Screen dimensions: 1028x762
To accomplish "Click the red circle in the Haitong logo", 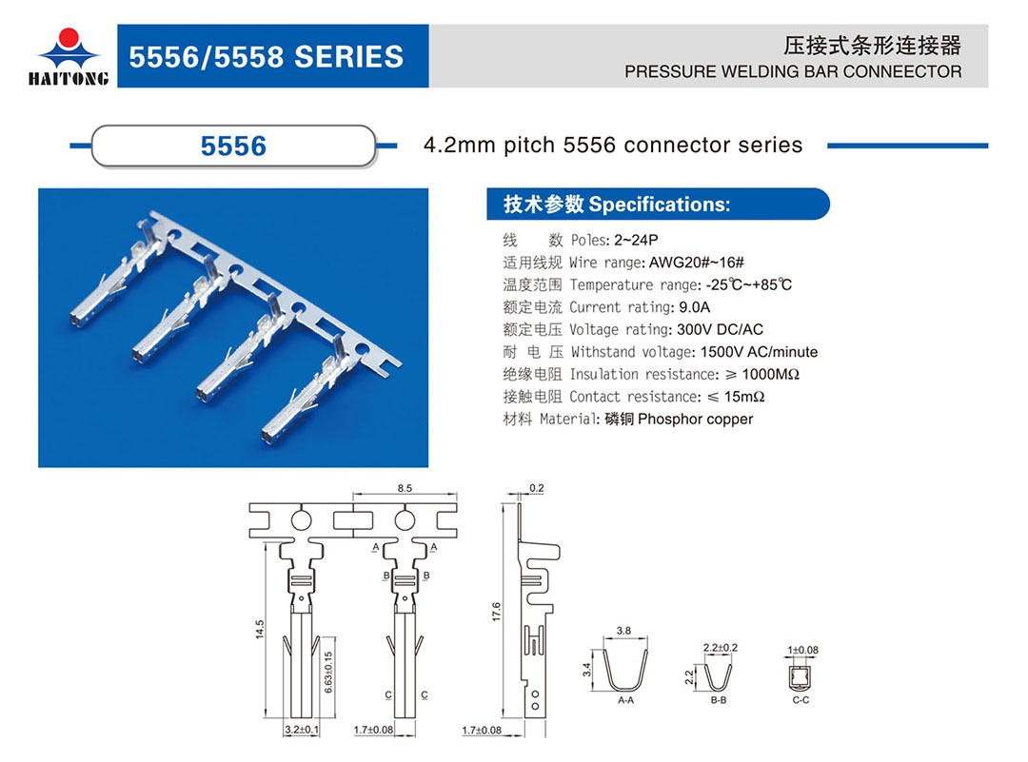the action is click(x=69, y=38).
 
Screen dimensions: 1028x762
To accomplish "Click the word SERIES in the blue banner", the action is click(x=348, y=57).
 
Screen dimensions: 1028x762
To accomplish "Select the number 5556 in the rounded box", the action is click(x=233, y=146).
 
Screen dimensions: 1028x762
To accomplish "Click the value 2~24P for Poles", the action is click(x=636, y=240).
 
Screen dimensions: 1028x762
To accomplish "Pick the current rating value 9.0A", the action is click(x=694, y=307).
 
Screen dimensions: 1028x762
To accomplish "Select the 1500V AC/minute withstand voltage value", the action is click(x=760, y=352).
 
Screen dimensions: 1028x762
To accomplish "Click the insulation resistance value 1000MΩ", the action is click(x=770, y=374).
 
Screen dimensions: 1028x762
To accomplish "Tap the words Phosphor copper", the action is click(x=696, y=420).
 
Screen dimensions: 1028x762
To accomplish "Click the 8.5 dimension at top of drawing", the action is click(x=405, y=488).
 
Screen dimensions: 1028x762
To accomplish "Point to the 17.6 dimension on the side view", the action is click(x=496, y=612).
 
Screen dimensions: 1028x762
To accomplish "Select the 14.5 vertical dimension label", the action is click(x=260, y=629).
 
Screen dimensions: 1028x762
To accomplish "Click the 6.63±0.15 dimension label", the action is click(x=327, y=672).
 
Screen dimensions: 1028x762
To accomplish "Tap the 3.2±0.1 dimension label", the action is click(x=302, y=730).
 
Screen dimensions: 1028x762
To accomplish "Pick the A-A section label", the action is click(x=625, y=700).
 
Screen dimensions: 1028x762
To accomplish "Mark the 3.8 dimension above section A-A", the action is click(x=623, y=631).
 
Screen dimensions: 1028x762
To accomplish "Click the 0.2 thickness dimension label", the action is click(x=536, y=488).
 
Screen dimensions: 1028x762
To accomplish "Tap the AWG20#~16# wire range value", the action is click(x=696, y=263).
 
